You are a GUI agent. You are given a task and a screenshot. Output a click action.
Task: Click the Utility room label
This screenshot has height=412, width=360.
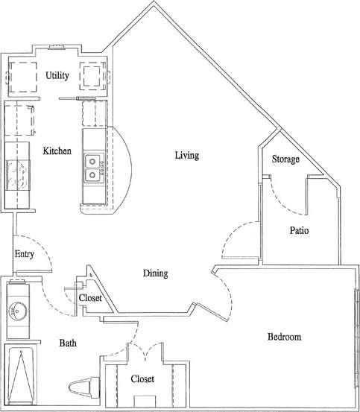[x=57, y=75]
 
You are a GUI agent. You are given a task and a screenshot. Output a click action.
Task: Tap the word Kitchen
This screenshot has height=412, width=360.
[x=57, y=150]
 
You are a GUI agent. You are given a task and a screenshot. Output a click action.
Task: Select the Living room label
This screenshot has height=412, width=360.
[x=187, y=156]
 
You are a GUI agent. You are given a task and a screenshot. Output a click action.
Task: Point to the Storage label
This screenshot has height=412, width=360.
[x=285, y=159]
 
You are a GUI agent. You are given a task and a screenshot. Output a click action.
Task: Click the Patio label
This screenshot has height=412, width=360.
[x=299, y=231]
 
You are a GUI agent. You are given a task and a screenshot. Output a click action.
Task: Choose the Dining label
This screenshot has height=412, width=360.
[x=155, y=273]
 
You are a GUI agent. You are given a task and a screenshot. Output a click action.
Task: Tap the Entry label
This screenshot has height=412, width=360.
[x=24, y=254]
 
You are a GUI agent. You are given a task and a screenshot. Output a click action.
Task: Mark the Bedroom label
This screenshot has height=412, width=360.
[x=284, y=337]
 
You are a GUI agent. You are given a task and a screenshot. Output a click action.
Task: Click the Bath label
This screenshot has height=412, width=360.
[x=69, y=343]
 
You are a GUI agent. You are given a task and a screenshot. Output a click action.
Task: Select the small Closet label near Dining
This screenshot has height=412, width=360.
[x=90, y=298]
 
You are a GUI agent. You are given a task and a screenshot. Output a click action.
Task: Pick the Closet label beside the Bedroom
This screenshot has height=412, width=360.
[x=142, y=379]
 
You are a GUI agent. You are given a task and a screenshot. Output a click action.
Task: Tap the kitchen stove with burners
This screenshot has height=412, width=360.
[x=16, y=174]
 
